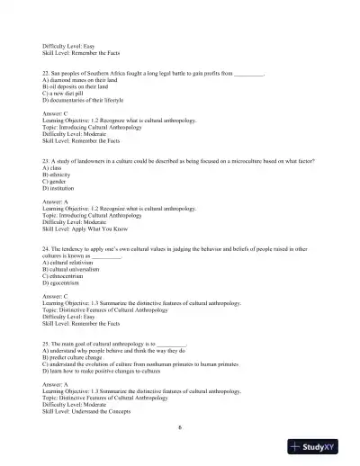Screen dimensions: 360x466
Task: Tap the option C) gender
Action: tap(56, 179)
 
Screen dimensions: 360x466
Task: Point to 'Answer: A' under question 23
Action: tap(58, 203)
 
